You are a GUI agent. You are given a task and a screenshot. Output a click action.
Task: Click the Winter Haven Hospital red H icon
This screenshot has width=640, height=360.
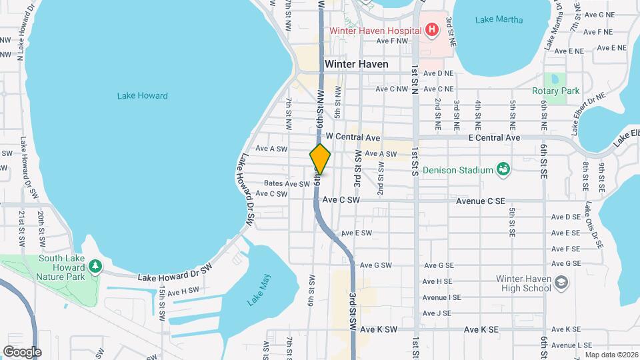coord(432,30)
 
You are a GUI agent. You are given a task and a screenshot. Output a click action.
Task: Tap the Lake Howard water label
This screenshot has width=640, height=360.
coord(142,95)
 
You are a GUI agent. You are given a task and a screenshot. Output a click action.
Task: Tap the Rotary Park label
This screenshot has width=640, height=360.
coord(555,91)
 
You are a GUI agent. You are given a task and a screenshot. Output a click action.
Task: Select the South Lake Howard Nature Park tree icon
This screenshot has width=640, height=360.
coord(95,267)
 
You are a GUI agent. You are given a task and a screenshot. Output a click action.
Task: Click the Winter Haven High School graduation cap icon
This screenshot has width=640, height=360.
coord(561,283)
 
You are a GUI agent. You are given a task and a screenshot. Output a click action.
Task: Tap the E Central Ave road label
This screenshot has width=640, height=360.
coord(494,137)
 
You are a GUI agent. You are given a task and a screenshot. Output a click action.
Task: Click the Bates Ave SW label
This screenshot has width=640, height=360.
coord(287,183)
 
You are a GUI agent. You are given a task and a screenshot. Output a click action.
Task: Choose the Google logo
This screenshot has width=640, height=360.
coord(22,351)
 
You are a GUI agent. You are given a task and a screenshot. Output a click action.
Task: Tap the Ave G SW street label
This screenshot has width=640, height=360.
coord(375,265)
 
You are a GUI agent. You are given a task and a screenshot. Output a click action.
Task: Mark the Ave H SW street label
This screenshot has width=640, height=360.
coord(183,291)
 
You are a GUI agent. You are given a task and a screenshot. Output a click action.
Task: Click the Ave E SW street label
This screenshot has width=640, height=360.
coord(356,233)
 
